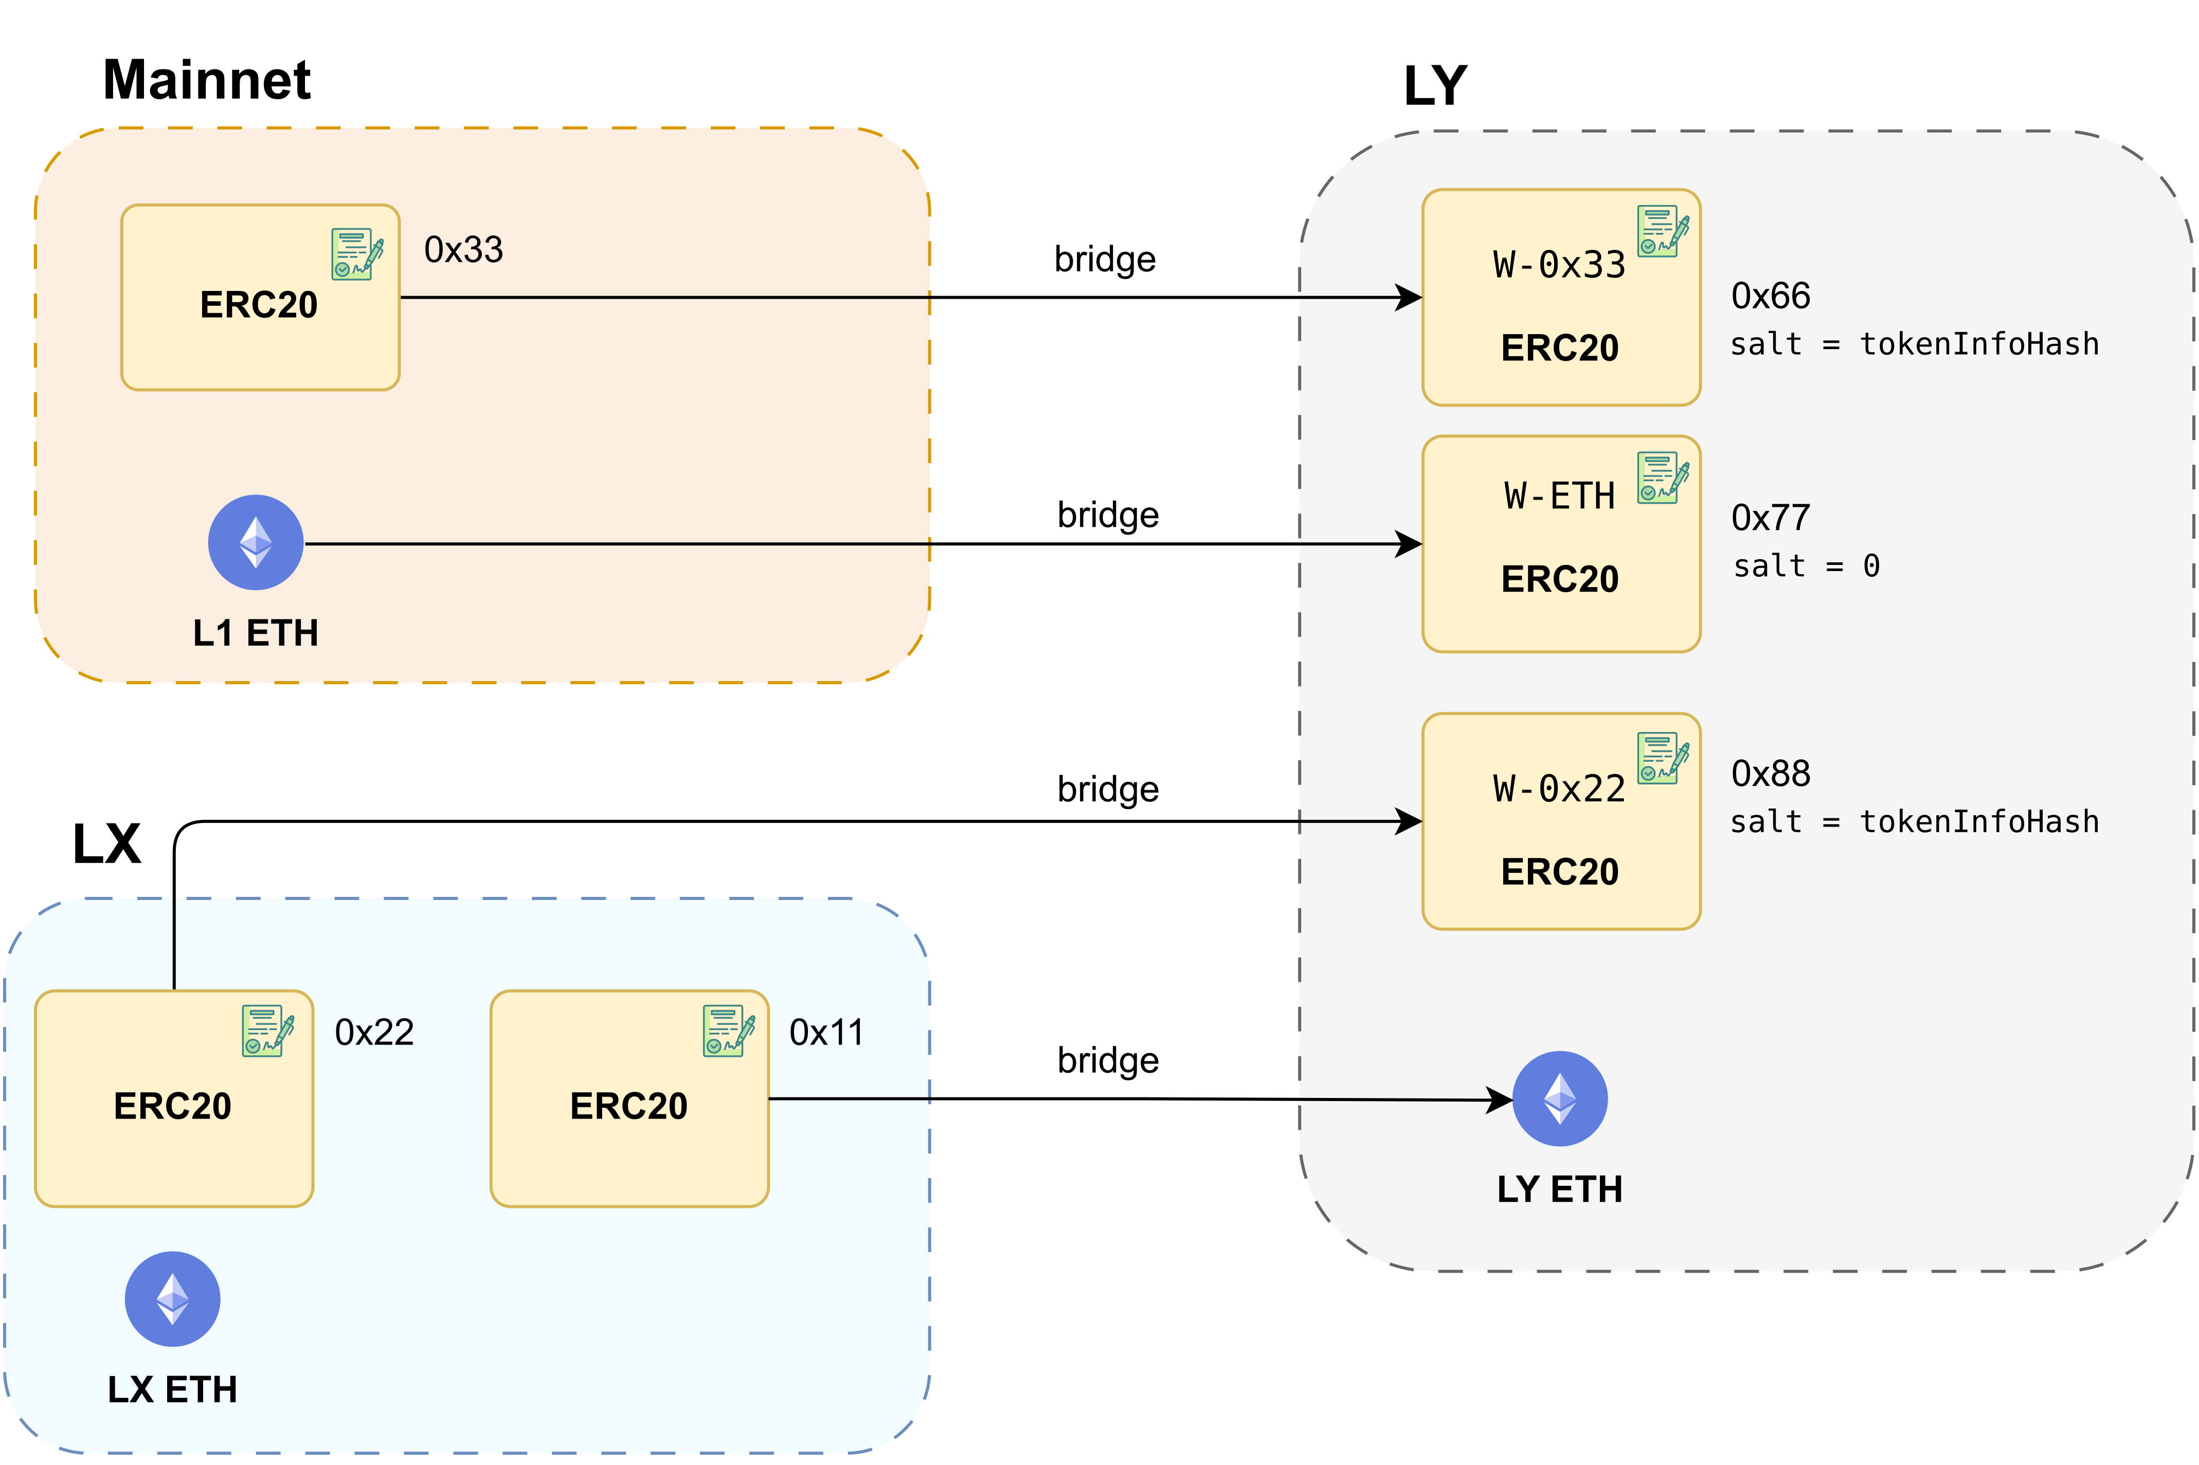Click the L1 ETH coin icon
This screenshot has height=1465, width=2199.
coord(255,542)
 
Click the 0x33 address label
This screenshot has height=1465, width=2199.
coord(463,249)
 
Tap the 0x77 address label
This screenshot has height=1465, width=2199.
coord(1770,518)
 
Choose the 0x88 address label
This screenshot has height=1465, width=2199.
coord(1770,774)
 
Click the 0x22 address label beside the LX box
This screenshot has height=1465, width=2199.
coord(374,1032)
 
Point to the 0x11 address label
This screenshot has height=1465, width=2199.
coord(826,1032)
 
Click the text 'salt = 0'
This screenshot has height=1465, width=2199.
coord(1806,565)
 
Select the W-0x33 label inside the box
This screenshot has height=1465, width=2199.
coord(1559,265)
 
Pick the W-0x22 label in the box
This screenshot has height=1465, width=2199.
coord(1559,789)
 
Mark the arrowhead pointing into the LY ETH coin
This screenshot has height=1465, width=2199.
coord(1501,1100)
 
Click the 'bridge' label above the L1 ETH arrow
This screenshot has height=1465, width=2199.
coord(1107,515)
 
